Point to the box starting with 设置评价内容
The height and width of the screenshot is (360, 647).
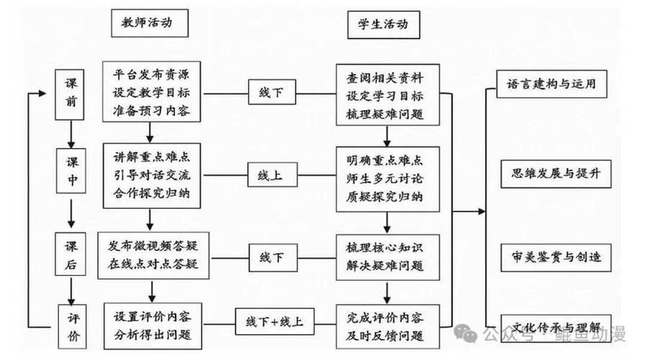tap(151, 322)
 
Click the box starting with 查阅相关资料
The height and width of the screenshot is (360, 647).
tap(387, 93)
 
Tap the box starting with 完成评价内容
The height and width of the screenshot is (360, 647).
tap(387, 322)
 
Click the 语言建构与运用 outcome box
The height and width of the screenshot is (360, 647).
tap(552, 84)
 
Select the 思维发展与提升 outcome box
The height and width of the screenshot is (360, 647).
tap(552, 173)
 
